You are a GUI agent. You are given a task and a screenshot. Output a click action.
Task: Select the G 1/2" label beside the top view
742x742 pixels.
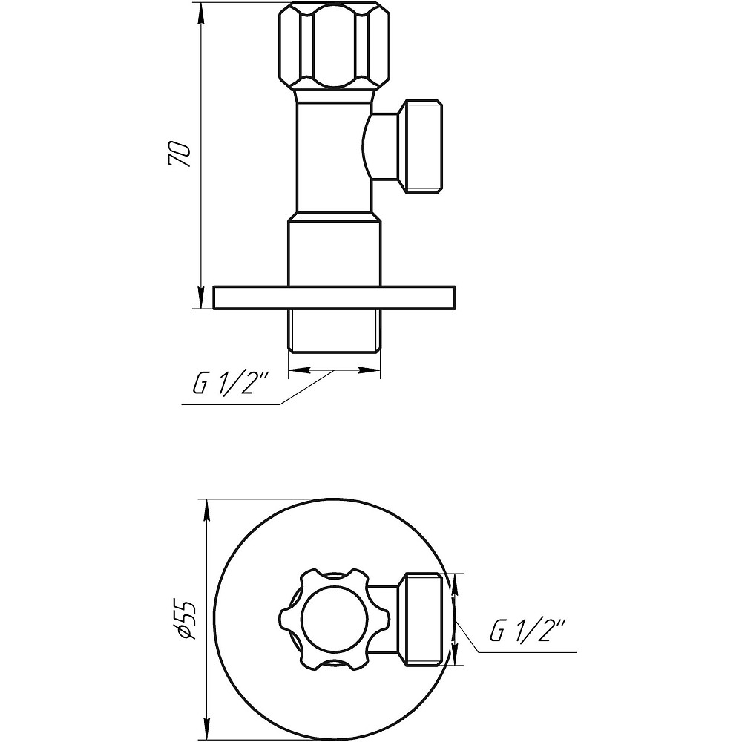coord(528,632)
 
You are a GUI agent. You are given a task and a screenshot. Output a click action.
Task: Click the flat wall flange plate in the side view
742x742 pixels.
coord(334,297)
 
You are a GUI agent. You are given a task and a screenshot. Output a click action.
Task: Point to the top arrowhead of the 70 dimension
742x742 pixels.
coord(200,13)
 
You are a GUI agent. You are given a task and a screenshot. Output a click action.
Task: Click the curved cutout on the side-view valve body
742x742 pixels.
coord(367,145)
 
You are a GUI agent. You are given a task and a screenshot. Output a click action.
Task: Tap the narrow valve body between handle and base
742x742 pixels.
coord(330,156)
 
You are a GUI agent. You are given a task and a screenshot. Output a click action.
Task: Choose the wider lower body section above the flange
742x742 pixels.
coord(334,249)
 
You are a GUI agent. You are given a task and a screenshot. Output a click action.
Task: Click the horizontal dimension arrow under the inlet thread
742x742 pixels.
coord(334,370)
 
